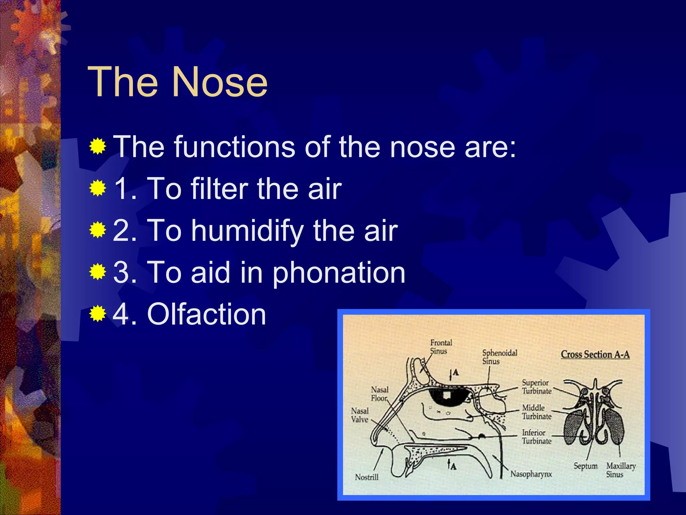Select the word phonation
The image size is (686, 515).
[x=338, y=273]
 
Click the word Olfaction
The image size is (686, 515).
[x=206, y=314]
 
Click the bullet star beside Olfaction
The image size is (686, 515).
[x=98, y=313]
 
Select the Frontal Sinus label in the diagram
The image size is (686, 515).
[x=441, y=347]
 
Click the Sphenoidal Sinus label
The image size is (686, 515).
[x=499, y=357]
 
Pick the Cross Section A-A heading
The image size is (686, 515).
[x=595, y=354]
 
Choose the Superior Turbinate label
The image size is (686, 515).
[x=536, y=387]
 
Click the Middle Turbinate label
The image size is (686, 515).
[x=536, y=412]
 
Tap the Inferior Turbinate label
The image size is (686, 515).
[x=536, y=437]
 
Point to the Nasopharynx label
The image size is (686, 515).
[x=531, y=474]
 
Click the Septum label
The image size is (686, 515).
[x=586, y=466]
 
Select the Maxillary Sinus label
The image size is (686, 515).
[x=621, y=470]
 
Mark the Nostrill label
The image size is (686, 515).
[x=367, y=477]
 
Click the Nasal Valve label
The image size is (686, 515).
[x=360, y=415]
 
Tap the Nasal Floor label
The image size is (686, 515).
[x=380, y=394]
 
